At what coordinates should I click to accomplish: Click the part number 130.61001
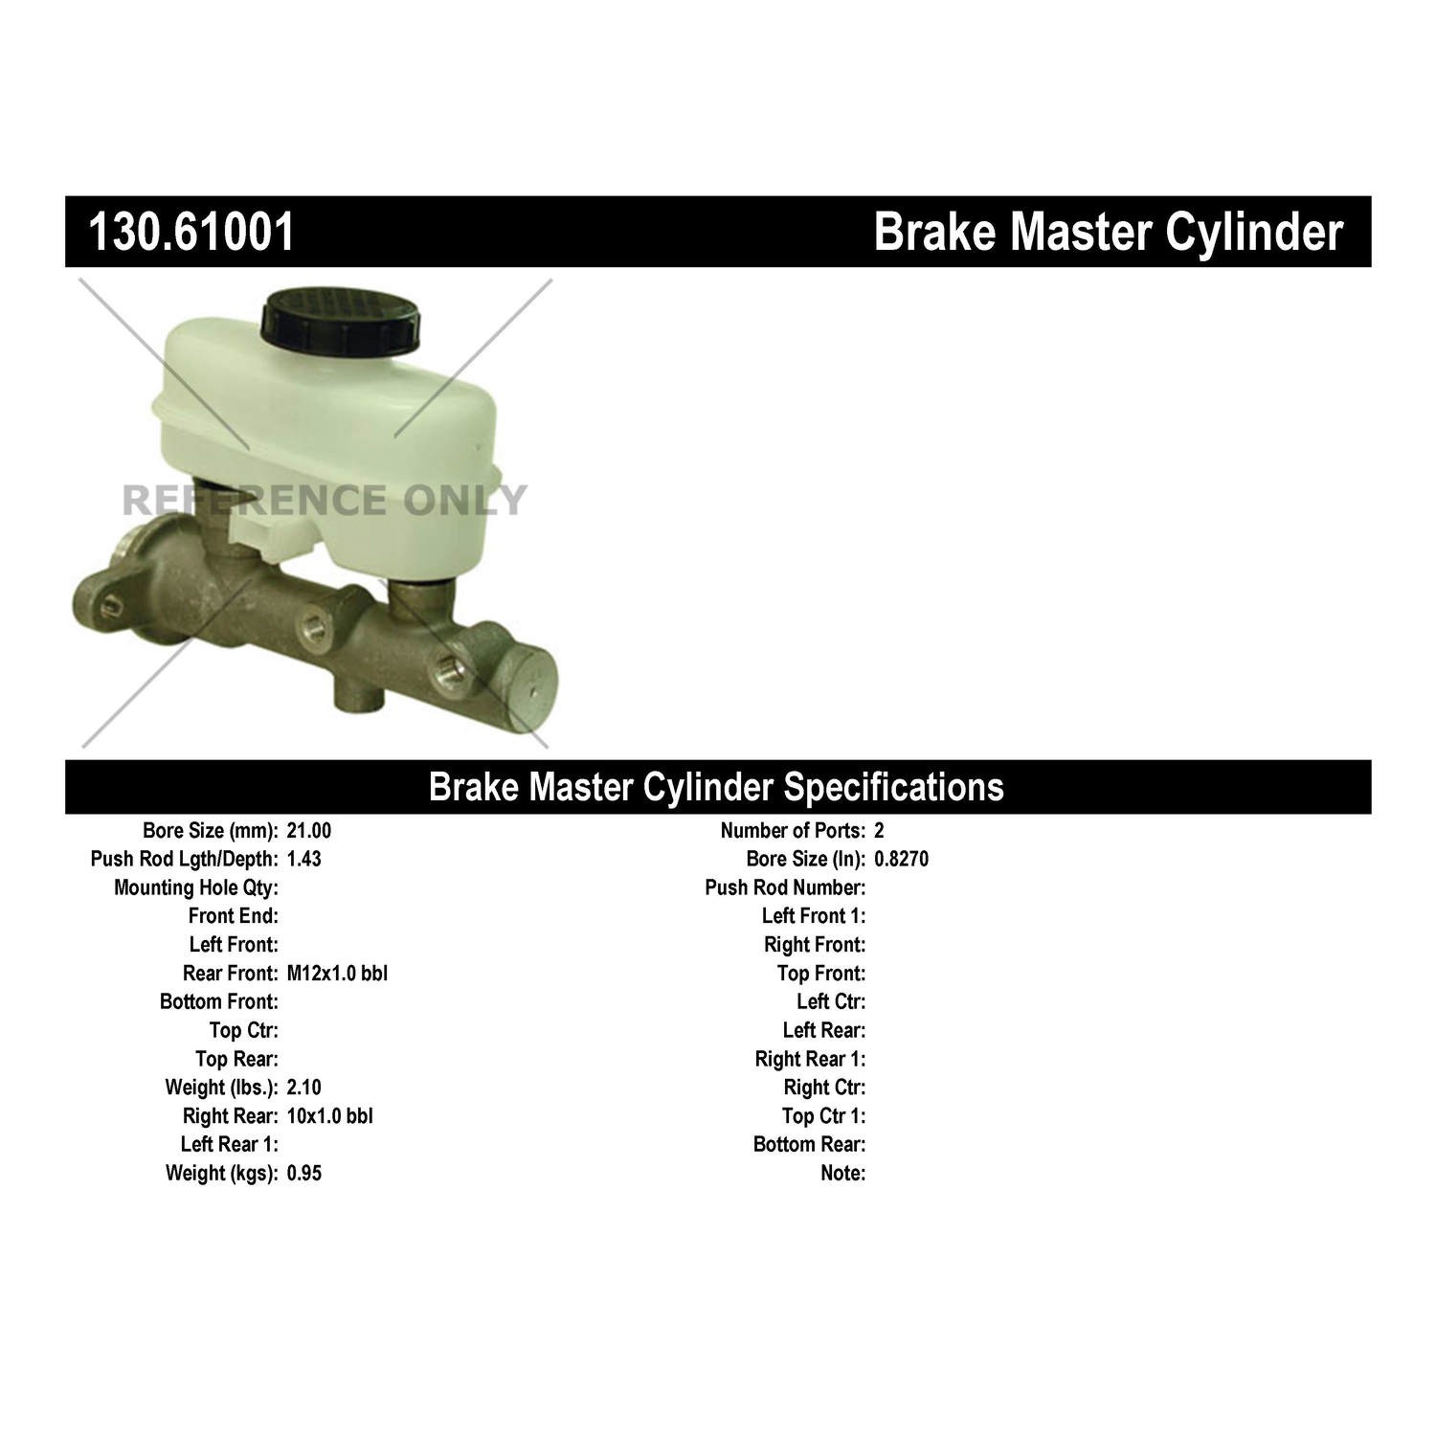(x=191, y=232)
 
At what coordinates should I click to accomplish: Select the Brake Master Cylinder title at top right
(x=1109, y=233)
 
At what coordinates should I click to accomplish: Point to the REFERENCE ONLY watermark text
(x=325, y=500)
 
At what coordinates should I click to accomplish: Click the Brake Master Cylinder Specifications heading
(x=716, y=786)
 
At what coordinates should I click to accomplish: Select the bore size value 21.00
(x=309, y=831)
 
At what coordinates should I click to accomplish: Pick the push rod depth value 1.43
(x=304, y=859)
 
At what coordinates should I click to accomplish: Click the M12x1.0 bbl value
(x=337, y=974)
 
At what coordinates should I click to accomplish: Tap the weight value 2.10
(x=304, y=1088)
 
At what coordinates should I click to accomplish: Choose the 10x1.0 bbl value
(x=330, y=1116)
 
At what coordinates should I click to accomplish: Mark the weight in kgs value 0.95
(x=304, y=1173)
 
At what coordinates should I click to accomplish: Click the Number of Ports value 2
(x=879, y=831)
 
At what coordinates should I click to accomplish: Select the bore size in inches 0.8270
(x=901, y=859)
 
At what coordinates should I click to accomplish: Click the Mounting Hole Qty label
(x=196, y=887)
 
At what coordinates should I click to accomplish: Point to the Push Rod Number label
(x=785, y=887)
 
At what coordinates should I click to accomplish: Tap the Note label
(x=843, y=1173)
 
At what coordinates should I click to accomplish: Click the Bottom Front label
(x=219, y=1002)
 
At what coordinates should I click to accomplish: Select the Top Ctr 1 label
(x=824, y=1116)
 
